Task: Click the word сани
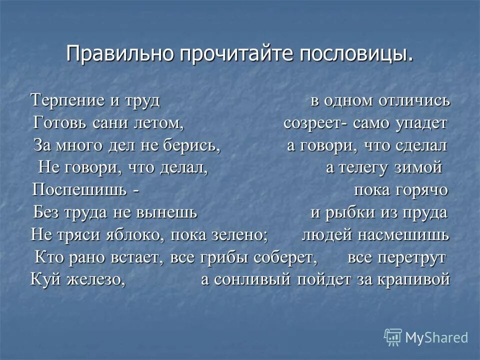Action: tap(108, 123)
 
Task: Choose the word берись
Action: tap(194, 145)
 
